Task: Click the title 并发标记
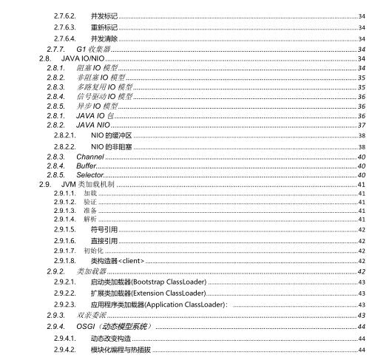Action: pyautogui.click(x=104, y=16)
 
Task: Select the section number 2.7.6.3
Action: pyautogui.click(x=65, y=27)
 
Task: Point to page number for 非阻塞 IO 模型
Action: pyautogui.click(x=362, y=77)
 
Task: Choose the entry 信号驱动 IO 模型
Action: pyautogui.click(x=104, y=96)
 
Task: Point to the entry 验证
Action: pyautogui.click(x=89, y=201)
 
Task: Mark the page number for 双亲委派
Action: pyautogui.click(x=362, y=315)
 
